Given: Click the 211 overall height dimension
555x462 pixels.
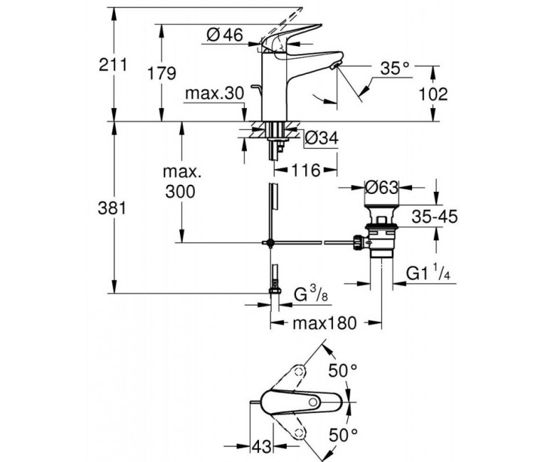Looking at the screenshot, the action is point(112,65).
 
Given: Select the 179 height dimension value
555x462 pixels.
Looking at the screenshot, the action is point(162,73).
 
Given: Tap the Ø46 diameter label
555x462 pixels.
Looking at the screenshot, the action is point(225,36).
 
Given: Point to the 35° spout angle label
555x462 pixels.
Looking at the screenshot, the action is point(395,68).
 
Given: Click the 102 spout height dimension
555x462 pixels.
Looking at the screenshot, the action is point(433,94).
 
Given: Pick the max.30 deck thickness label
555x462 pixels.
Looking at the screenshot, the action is point(215,94).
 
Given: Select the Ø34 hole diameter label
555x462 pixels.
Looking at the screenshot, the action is point(322,138).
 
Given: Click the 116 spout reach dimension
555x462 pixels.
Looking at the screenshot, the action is point(306,171).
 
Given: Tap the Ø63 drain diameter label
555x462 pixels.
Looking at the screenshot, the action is point(381,187).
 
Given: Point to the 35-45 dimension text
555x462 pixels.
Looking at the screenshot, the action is point(435,216).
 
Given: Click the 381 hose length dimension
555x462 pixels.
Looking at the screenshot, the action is point(112,208).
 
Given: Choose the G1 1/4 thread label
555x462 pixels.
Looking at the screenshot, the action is point(428,273).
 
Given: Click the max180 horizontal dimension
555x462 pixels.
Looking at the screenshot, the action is point(324,323).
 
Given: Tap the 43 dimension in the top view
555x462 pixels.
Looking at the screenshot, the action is point(261,447).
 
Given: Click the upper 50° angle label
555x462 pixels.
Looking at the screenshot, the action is point(343,370).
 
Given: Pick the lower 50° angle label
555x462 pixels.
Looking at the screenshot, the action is point(343,435).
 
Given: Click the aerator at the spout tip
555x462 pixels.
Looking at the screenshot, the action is point(336,65).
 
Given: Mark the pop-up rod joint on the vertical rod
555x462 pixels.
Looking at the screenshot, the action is point(270,242).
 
